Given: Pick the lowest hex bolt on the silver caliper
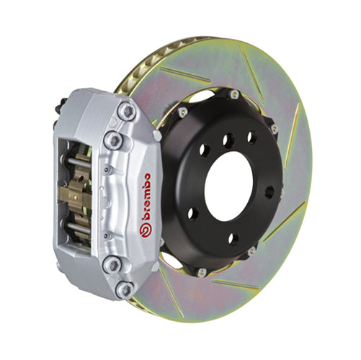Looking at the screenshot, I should [125, 290].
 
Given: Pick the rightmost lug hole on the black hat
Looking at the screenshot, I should [268, 192].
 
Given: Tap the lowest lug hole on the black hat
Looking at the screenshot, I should [232, 238].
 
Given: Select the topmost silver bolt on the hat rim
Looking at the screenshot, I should [232, 93].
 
